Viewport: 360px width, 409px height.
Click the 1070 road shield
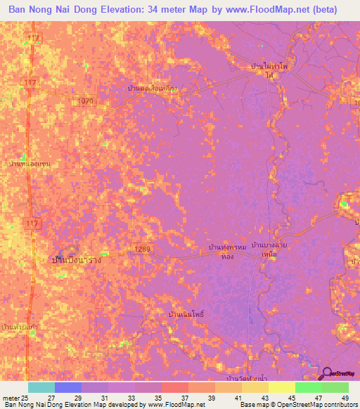click(86, 102)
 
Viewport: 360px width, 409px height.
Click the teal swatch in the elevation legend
click(41, 387)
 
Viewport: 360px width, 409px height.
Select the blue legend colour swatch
click(68, 387)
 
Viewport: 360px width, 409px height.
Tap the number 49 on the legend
click(345, 398)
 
